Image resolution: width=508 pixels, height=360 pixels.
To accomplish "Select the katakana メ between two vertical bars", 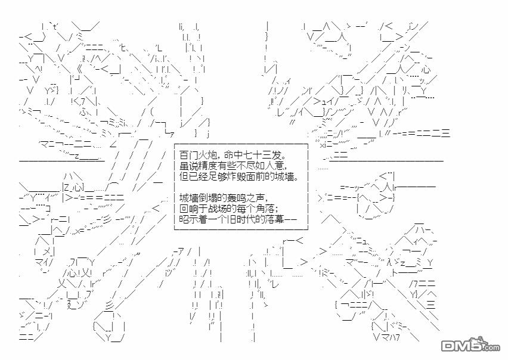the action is coord(47,251).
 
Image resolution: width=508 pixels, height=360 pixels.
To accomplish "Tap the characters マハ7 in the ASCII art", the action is coord(390,337).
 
